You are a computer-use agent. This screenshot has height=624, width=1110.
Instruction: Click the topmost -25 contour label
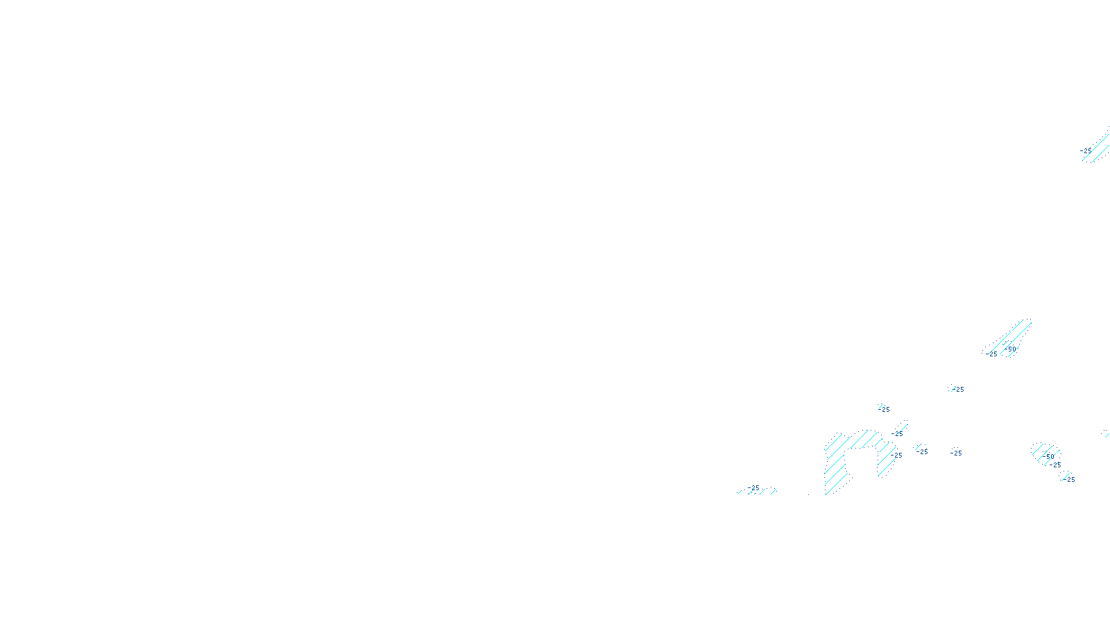click(x=1086, y=150)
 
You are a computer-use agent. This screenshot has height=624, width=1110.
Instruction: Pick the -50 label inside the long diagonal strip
click(x=1011, y=349)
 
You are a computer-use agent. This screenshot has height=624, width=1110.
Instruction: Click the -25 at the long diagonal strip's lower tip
click(x=992, y=354)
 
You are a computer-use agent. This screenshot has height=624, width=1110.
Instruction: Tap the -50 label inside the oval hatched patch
click(x=1049, y=456)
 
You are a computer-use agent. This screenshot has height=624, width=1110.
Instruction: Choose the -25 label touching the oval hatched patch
click(x=1055, y=465)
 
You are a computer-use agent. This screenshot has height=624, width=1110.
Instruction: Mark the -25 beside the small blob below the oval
click(x=1070, y=479)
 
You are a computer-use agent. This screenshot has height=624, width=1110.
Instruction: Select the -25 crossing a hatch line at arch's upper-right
click(x=898, y=434)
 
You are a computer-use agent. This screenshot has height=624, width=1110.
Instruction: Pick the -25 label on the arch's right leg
click(x=897, y=456)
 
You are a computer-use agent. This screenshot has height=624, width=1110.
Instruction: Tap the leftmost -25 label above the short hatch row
click(x=754, y=487)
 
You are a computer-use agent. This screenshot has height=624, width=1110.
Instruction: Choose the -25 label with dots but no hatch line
click(x=957, y=453)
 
